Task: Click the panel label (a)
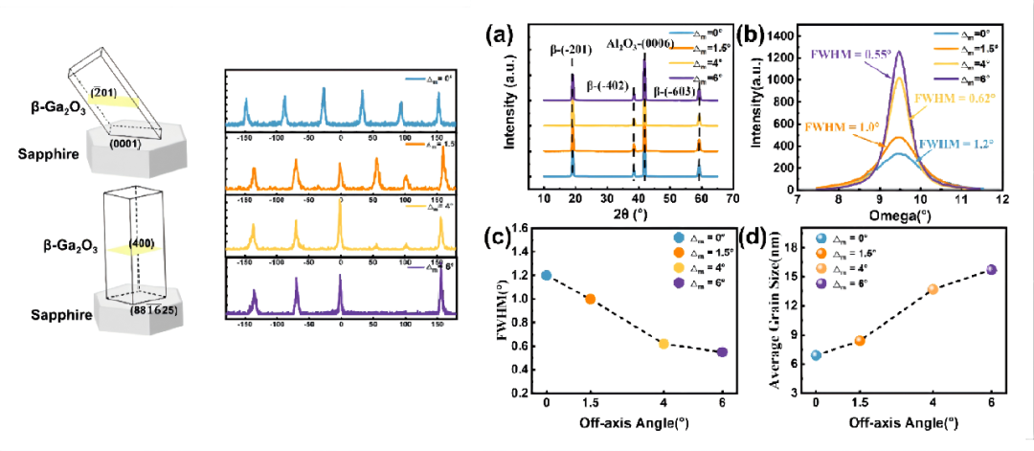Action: point(504,36)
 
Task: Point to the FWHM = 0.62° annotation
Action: point(955,98)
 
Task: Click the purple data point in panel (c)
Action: point(721,351)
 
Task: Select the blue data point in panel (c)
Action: point(547,275)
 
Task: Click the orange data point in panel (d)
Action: point(859,341)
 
